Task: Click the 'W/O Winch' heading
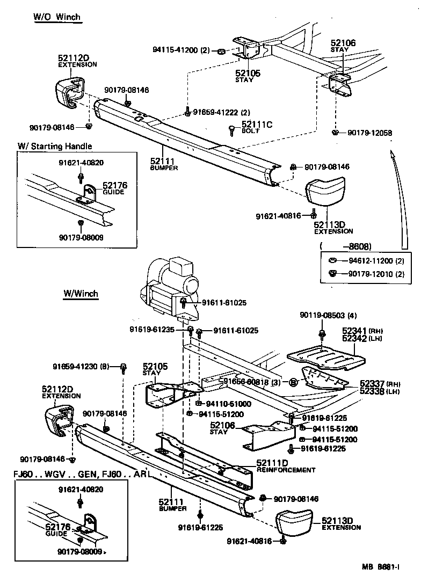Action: [56, 17]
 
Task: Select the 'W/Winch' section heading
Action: [81, 293]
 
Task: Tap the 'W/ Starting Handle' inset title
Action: [55, 146]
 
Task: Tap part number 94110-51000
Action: [224, 404]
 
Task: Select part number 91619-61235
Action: [152, 330]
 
